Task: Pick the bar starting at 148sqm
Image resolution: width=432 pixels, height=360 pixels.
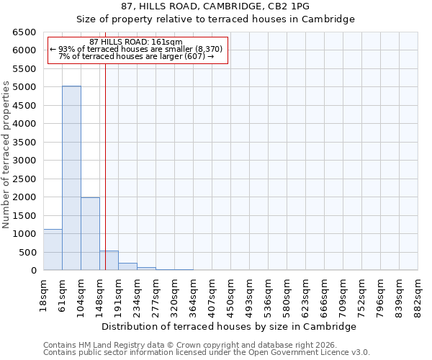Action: (x=109, y=261)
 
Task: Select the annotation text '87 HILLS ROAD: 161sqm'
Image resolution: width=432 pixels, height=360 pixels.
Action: (x=136, y=42)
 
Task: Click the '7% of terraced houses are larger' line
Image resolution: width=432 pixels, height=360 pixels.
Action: (x=136, y=56)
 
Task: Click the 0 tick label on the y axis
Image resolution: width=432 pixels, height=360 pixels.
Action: (x=33, y=271)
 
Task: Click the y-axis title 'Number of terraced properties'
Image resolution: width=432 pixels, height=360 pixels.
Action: (x=6, y=154)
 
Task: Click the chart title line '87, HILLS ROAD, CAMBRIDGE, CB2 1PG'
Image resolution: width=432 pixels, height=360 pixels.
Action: (x=215, y=6)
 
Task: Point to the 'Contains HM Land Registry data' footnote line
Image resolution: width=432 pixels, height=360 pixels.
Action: (x=194, y=345)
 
